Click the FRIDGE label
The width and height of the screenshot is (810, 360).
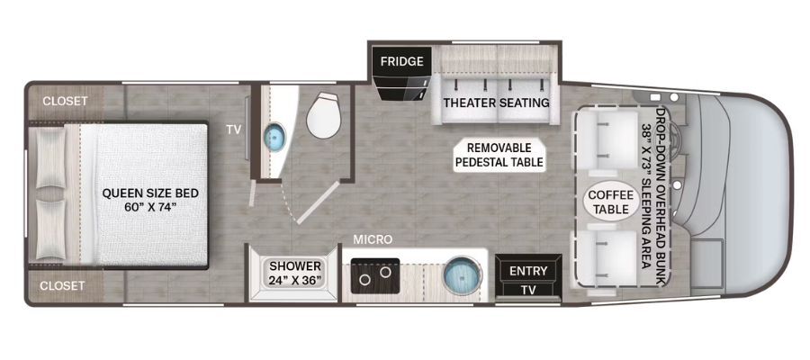pyautogui.click(x=402, y=61)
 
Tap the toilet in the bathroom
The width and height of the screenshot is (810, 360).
pyautogui.click(x=324, y=115)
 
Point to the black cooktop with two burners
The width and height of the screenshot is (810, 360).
pyautogui.click(x=375, y=275)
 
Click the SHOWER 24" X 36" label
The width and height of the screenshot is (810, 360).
pyautogui.click(x=295, y=274)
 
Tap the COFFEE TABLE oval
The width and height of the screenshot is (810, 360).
pyautogui.click(x=611, y=202)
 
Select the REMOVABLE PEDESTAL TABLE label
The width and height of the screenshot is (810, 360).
pyautogui.click(x=499, y=155)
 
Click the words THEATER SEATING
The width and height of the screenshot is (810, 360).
pyautogui.click(x=496, y=103)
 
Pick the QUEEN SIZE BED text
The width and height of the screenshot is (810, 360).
pyautogui.click(x=150, y=193)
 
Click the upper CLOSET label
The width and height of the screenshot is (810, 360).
pyautogui.click(x=65, y=101)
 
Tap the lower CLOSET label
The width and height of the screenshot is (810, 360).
pyautogui.click(x=63, y=285)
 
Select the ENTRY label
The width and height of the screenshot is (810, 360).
pyautogui.click(x=528, y=271)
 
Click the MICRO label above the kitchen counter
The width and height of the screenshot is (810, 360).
pyautogui.click(x=373, y=239)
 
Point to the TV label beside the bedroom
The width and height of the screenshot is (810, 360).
pyautogui.click(x=233, y=130)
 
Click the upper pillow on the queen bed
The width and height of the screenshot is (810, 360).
pyautogui.click(x=51, y=158)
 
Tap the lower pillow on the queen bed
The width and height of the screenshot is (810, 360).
pyautogui.click(x=51, y=229)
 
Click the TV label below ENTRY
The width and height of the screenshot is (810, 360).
pyautogui.click(x=528, y=291)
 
